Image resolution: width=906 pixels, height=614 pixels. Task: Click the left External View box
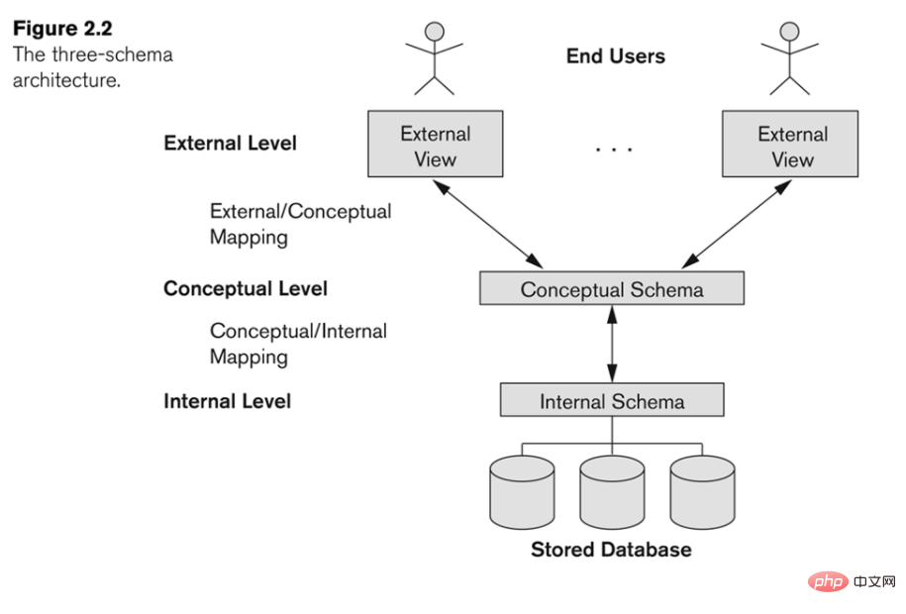click(x=435, y=144)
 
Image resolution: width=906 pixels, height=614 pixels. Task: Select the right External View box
click(x=790, y=144)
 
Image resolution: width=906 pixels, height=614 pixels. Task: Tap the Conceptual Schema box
click(x=612, y=288)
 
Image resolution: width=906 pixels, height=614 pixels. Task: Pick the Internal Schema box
click(x=612, y=399)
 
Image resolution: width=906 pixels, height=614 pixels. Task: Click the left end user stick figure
click(x=435, y=58)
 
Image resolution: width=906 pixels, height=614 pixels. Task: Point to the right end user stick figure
click(x=789, y=58)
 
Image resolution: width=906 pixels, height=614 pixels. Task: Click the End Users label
click(x=615, y=56)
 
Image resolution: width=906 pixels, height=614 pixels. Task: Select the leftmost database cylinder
click(x=522, y=492)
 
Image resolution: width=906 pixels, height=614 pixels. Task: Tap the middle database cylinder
click(x=612, y=492)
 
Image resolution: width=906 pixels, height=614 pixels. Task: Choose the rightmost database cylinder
click(x=702, y=492)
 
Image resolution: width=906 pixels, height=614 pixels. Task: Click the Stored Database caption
click(x=611, y=550)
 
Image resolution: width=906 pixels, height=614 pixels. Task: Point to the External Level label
click(x=230, y=143)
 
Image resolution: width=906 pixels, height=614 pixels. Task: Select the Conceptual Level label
click(x=246, y=288)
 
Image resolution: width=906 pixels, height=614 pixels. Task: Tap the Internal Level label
click(x=227, y=401)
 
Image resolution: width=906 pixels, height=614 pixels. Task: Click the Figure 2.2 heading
click(x=62, y=29)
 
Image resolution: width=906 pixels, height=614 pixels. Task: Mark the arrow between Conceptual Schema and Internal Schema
click(x=612, y=344)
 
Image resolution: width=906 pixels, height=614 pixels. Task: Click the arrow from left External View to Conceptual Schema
click(x=488, y=225)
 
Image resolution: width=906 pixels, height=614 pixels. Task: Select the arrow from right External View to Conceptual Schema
click(x=737, y=225)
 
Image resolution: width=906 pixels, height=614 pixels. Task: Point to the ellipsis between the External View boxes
click(x=614, y=150)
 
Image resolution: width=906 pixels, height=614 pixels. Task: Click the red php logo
click(x=828, y=581)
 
